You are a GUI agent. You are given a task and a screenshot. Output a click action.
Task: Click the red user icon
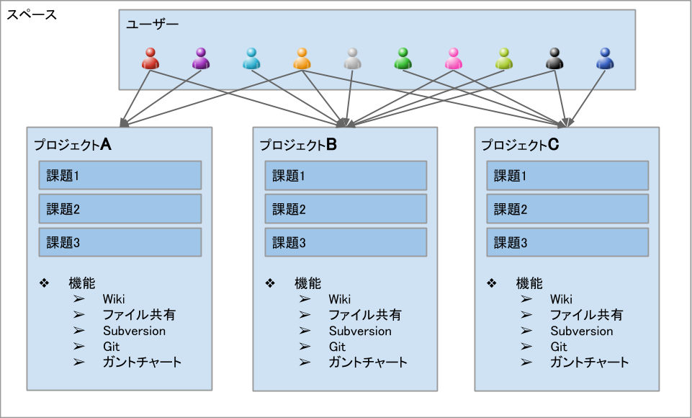click(150, 59)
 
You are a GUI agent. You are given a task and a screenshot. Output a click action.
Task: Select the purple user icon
click(201, 59)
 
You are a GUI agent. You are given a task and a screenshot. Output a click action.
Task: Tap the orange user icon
click(302, 59)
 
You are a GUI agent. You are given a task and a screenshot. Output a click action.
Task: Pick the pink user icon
click(453, 59)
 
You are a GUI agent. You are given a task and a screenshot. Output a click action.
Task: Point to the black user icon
click(554, 59)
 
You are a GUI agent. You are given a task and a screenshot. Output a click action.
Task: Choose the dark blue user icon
click(605, 59)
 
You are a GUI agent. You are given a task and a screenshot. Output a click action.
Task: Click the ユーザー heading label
click(152, 25)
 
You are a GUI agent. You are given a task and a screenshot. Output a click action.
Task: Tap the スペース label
click(32, 14)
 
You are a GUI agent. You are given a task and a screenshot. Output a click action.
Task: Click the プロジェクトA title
click(73, 144)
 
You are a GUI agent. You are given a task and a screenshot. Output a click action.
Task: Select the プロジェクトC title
click(520, 144)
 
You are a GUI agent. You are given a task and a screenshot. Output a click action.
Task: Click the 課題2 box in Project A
click(120, 208)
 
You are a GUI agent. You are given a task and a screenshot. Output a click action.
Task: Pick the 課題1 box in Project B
click(346, 175)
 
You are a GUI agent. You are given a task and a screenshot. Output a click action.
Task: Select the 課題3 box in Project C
click(567, 242)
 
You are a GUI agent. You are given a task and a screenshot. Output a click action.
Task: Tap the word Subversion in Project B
click(360, 331)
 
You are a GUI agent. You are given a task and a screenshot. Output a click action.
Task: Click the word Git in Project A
click(111, 347)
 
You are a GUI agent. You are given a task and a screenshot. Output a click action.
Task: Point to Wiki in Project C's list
click(562, 299)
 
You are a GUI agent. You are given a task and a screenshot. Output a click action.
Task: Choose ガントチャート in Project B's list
click(368, 363)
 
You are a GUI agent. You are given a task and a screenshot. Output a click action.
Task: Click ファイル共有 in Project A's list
click(139, 315)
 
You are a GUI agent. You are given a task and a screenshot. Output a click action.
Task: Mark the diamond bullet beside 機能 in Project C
click(492, 283)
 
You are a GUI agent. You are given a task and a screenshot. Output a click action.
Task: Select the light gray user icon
click(352, 59)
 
